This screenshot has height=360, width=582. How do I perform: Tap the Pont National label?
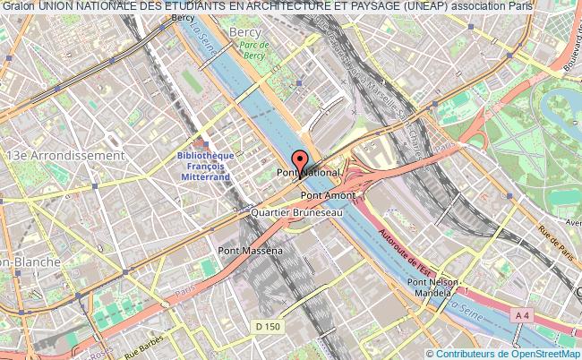coord(308,171)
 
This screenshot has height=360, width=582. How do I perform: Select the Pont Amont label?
coord(328,194)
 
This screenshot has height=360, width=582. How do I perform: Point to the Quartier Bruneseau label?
coord(295,214)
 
